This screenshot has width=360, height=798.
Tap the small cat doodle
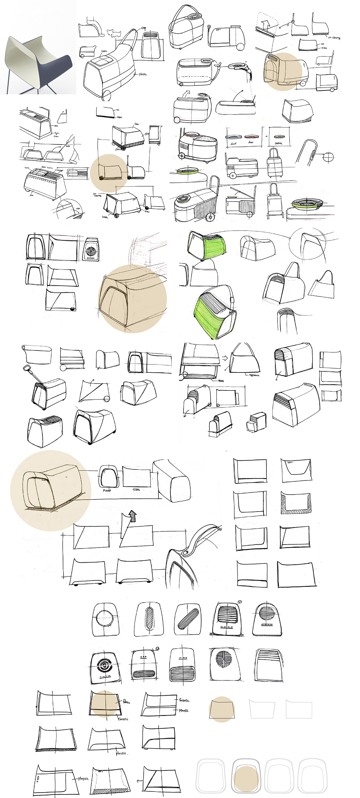[x=114, y=33]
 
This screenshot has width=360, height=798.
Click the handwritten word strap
[x=143, y=28]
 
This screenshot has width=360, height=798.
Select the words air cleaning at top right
[x=334, y=37]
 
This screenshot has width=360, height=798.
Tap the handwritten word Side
[x=136, y=489]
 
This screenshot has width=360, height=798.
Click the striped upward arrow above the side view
[x=132, y=516]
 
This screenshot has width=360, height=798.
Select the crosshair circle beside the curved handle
[x=328, y=157]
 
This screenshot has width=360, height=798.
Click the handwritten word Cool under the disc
[x=233, y=143]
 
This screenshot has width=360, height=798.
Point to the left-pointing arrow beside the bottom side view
[x=140, y=780]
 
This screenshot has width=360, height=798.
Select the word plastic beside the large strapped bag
[x=143, y=74]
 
